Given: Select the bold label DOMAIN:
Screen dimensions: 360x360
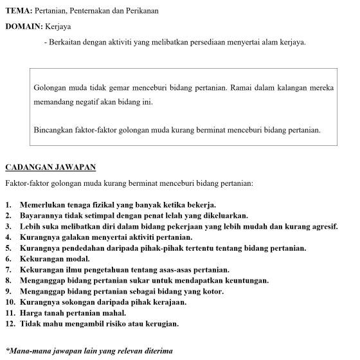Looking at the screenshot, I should (24, 27).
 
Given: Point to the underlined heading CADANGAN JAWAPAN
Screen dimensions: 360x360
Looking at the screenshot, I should (50, 168).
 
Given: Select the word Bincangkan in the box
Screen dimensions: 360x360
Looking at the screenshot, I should (53, 129).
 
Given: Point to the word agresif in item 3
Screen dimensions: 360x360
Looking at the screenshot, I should (323, 226).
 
